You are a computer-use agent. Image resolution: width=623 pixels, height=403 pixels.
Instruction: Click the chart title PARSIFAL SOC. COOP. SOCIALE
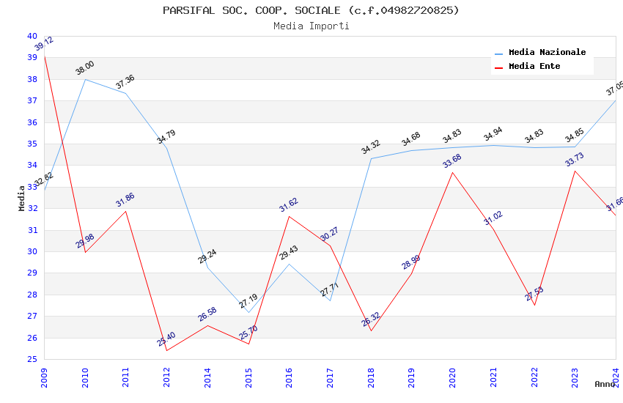[x=311, y=10]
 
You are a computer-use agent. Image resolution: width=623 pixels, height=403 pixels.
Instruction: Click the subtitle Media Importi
[x=311, y=26]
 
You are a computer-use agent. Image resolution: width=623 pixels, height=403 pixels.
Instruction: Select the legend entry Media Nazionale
[x=547, y=52]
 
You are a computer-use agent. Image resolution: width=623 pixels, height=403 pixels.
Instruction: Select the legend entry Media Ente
[x=534, y=66]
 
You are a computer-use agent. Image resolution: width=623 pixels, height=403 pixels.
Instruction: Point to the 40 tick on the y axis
[x=32, y=36]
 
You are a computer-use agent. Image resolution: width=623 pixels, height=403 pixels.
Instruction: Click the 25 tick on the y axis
[x=32, y=359]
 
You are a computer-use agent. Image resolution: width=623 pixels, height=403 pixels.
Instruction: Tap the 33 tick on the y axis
[x=32, y=187]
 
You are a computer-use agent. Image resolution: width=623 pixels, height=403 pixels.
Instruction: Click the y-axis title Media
[x=22, y=198]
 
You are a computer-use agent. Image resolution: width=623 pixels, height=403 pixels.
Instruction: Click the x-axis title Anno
[x=605, y=384]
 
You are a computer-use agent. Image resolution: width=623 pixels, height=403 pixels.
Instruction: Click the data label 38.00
[x=85, y=68]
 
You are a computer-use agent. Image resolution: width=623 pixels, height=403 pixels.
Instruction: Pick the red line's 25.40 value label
[x=166, y=339]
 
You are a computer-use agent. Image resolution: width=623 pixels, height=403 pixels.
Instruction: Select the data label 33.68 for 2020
[x=452, y=161]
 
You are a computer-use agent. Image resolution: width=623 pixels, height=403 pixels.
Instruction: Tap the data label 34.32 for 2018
[x=371, y=147]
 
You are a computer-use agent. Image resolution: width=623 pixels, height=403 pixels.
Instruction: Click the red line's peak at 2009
[x=45, y=56]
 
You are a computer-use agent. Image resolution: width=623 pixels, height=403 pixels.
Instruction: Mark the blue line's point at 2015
[x=248, y=312]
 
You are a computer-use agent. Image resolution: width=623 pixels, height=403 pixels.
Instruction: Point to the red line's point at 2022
[x=534, y=305]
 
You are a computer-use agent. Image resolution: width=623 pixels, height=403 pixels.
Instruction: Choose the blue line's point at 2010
[x=86, y=79]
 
